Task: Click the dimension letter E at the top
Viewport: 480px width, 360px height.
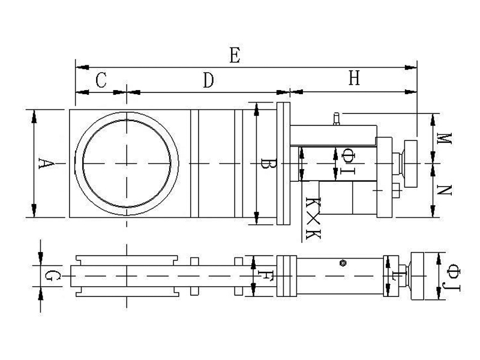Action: click(x=235, y=55)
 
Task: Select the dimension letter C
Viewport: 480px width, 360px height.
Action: click(x=101, y=80)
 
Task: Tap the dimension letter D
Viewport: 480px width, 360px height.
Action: click(x=208, y=80)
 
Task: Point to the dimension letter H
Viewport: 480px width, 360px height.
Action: click(x=354, y=78)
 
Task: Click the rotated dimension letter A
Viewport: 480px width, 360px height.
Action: click(x=46, y=163)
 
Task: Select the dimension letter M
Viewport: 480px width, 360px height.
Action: click(x=444, y=139)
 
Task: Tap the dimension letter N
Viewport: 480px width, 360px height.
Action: click(x=444, y=190)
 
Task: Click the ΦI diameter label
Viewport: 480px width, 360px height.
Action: click(x=348, y=161)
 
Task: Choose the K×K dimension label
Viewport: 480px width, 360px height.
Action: click(x=313, y=218)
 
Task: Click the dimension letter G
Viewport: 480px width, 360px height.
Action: click(x=52, y=276)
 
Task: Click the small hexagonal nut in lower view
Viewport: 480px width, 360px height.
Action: click(x=343, y=263)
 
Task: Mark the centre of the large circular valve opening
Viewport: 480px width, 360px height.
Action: click(x=127, y=163)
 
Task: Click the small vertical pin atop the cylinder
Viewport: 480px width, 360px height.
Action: click(x=337, y=119)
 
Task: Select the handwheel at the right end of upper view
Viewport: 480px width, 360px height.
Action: click(x=410, y=163)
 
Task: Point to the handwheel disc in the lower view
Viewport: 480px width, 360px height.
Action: click(x=417, y=276)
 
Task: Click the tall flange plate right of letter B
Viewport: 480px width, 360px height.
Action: click(x=283, y=163)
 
